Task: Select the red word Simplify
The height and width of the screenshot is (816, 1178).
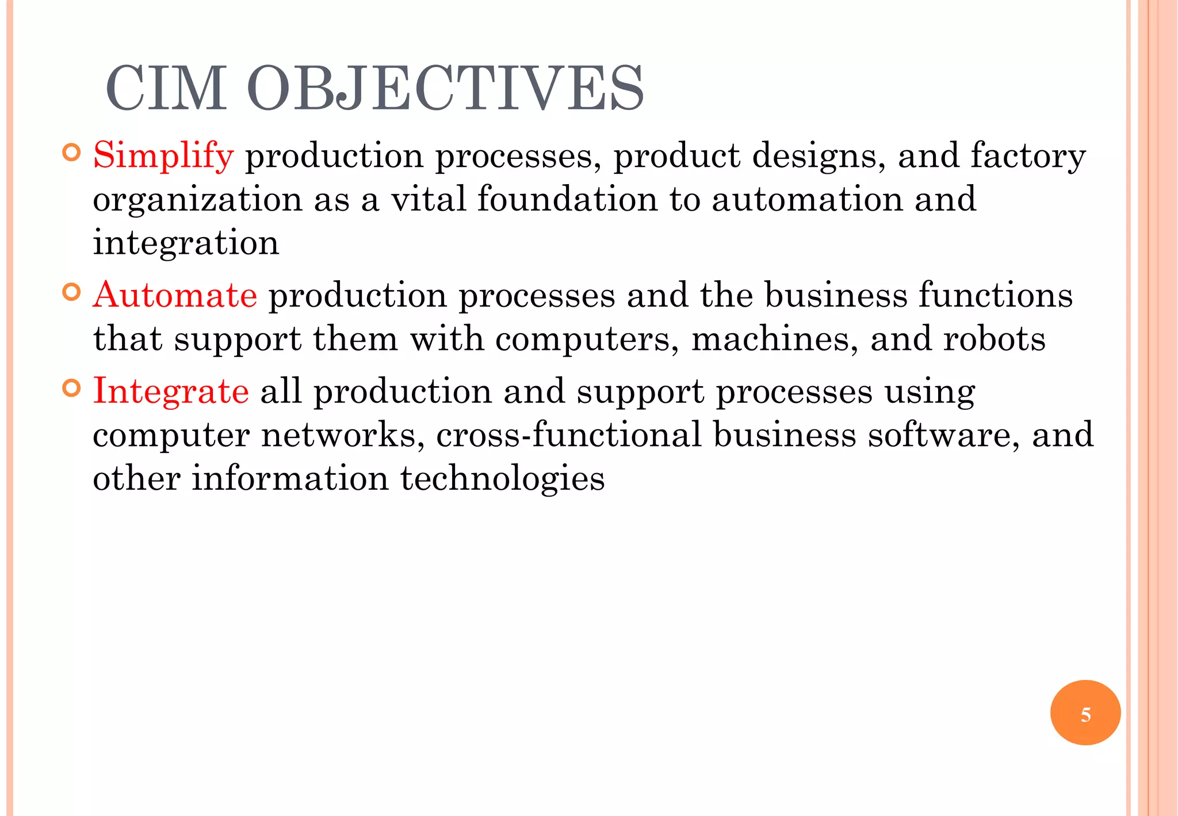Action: (x=163, y=156)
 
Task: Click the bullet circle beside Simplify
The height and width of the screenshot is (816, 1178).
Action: (x=71, y=153)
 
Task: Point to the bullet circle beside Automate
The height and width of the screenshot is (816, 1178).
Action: (x=71, y=292)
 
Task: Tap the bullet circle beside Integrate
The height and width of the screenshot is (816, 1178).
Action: (x=71, y=388)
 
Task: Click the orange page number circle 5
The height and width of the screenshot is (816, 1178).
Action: (x=1085, y=712)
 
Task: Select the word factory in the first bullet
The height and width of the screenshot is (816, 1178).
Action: (x=1028, y=156)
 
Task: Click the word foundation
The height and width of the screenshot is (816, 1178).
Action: (x=567, y=199)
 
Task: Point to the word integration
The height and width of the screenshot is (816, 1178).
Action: (x=186, y=243)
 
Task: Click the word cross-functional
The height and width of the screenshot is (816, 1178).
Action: (x=568, y=434)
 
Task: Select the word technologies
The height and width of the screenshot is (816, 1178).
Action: (x=502, y=479)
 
